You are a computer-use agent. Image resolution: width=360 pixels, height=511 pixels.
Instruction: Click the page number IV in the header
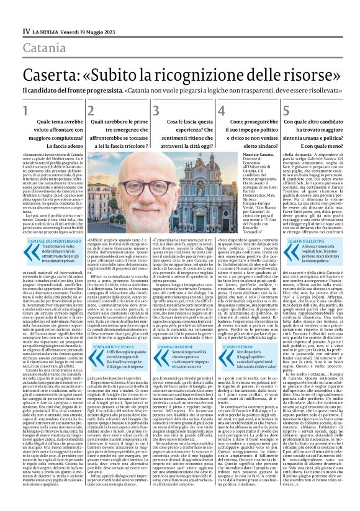pos(25,30)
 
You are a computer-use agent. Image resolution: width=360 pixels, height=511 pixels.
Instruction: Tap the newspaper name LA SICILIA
pos(45,30)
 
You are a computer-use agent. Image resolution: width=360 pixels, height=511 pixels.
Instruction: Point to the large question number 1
pos(25,112)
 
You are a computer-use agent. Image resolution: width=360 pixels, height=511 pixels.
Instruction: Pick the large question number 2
pos(91,112)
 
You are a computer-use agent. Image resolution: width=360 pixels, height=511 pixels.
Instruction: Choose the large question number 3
pos(156,112)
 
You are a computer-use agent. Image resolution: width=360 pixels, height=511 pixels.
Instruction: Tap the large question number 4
pos(222,112)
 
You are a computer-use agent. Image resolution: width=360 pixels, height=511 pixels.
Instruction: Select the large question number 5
pos(286,112)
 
